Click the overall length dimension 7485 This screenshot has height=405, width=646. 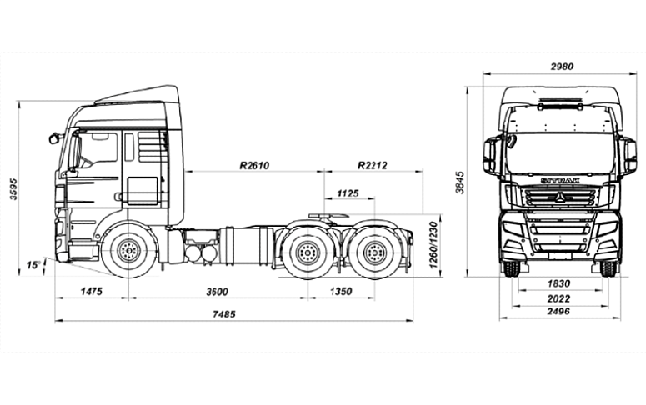[224, 314]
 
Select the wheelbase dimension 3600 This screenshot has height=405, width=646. [217, 292]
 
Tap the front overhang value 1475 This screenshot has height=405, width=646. [91, 292]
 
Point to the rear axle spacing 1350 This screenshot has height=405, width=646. [341, 292]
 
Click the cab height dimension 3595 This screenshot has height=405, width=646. [14, 189]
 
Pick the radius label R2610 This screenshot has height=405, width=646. [254, 165]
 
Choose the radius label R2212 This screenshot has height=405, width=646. [373, 165]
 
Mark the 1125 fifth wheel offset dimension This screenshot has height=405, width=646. [348, 192]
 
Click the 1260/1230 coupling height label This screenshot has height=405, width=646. [433, 245]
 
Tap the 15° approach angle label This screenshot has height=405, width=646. [33, 265]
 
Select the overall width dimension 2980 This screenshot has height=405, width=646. [562, 67]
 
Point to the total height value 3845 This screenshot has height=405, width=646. [460, 182]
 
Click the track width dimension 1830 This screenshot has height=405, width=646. [559, 283]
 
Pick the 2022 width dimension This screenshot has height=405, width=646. [559, 298]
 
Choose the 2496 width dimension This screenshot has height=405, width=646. [559, 311]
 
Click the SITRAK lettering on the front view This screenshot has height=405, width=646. [560, 181]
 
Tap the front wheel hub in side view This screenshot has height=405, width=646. [129, 250]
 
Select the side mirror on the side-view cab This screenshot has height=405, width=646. [53, 138]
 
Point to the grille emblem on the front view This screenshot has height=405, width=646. [559, 198]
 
